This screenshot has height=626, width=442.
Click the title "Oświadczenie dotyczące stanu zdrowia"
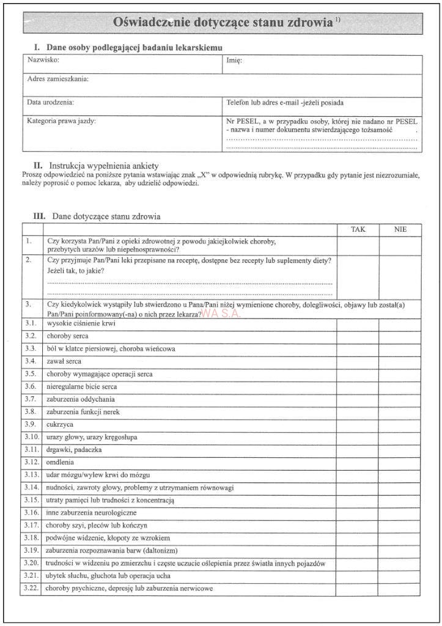tap(224, 23)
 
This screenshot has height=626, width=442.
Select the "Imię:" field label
tap(234, 61)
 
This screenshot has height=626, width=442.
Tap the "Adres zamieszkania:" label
tap(58, 79)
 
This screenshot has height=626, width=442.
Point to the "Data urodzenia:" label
tap(51, 102)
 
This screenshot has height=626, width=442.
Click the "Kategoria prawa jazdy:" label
tap(62, 120)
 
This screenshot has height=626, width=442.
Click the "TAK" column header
tap(358, 229)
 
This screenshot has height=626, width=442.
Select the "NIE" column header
tap(400, 229)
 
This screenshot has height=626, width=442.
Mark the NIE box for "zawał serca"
tap(399, 361)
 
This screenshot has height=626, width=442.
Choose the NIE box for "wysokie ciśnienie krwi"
tap(399, 323)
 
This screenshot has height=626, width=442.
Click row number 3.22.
tap(31, 588)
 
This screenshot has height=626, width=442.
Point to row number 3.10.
tap(31, 437)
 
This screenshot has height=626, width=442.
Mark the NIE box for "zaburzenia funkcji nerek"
tap(399, 412)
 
